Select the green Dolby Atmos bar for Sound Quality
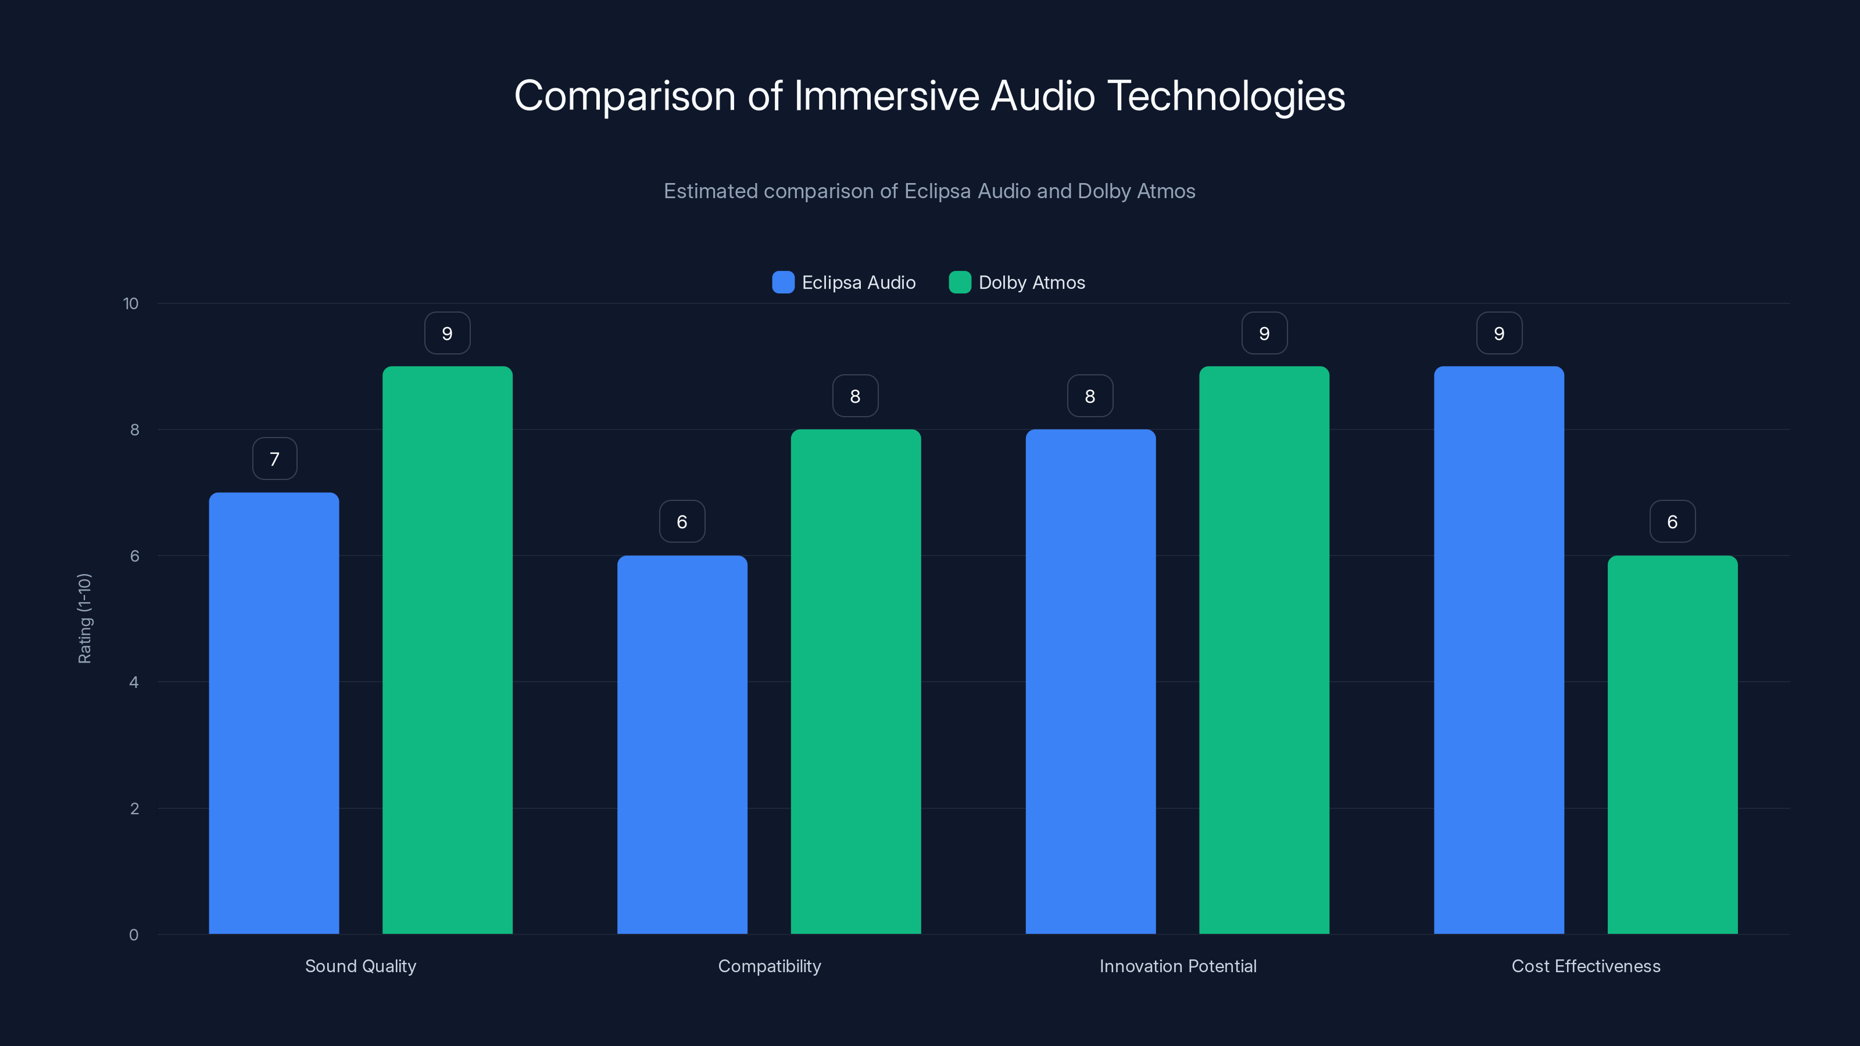tap(447, 650)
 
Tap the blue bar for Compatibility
tap(682, 744)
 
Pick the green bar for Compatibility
tap(856, 682)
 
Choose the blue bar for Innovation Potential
tap(1090, 682)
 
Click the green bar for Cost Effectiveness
tap(1672, 744)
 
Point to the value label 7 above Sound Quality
tap(274, 458)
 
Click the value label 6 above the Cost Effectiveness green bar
tap(1672, 521)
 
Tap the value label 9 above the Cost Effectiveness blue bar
tap(1499, 333)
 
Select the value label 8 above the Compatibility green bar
tap(855, 396)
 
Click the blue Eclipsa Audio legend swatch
tap(783, 282)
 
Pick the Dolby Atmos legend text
tap(1031, 282)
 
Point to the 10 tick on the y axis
tap(131, 303)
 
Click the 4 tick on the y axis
tap(134, 682)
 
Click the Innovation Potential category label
tap(1178, 966)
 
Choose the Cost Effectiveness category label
tap(1586, 966)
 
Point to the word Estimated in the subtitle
tap(710, 191)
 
